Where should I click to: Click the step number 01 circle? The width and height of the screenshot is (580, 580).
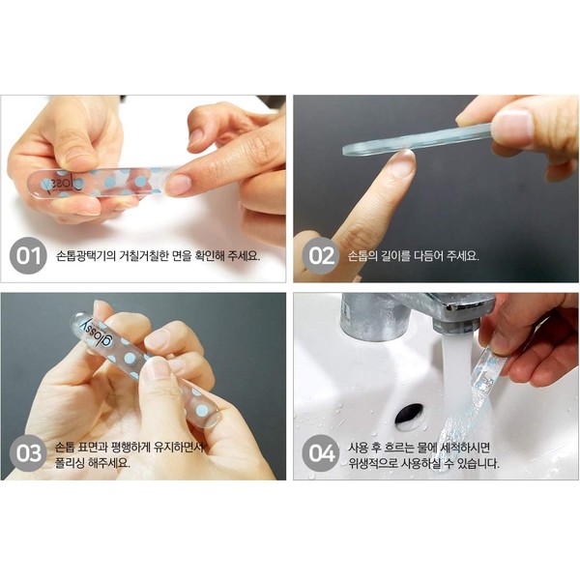(x=28, y=255)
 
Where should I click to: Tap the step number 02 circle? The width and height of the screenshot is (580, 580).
(x=321, y=255)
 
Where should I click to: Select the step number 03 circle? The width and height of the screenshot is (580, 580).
(x=28, y=453)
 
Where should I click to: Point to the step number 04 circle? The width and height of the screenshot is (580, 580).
(x=321, y=453)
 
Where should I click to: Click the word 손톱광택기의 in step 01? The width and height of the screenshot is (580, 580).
(x=86, y=255)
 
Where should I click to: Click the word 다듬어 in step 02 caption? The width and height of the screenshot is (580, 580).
(x=427, y=255)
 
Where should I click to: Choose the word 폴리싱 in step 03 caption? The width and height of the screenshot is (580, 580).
(x=70, y=463)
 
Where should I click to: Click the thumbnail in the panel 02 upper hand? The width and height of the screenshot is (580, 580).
(x=511, y=125)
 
